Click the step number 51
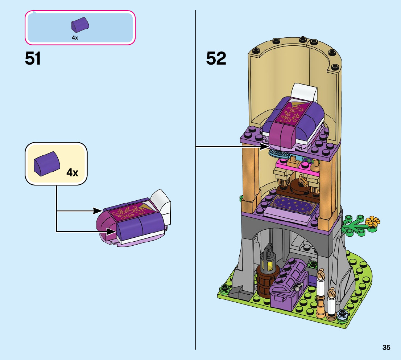[33, 58]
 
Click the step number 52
[216, 58]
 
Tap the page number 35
[386, 347]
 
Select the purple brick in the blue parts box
[80, 25]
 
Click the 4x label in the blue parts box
[75, 37]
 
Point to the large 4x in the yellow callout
[73, 172]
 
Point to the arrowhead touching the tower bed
[266, 147]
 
